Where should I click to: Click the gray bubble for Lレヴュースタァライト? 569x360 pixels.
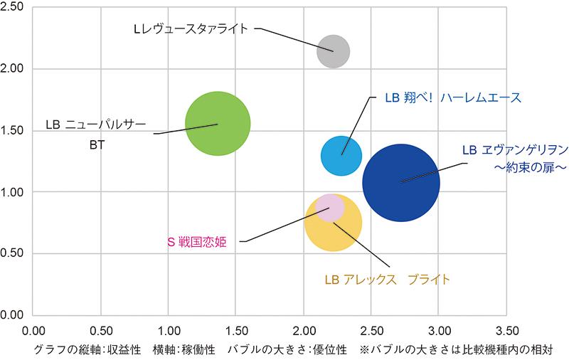(x=333, y=51)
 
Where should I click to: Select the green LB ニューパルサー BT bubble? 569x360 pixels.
(x=218, y=124)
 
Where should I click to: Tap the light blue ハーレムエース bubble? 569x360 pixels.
(x=341, y=154)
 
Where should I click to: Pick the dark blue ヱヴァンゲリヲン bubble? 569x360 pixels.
(x=401, y=182)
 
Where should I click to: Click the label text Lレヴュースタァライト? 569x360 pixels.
(x=191, y=29)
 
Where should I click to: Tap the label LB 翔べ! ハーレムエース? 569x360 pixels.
(x=453, y=97)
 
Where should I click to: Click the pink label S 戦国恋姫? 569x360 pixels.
(x=196, y=242)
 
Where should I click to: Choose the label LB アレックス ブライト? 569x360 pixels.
(x=387, y=279)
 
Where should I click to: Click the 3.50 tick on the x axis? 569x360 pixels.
(x=506, y=331)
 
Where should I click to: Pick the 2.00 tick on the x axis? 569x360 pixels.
(x=304, y=331)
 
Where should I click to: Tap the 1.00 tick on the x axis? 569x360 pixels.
(x=169, y=331)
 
